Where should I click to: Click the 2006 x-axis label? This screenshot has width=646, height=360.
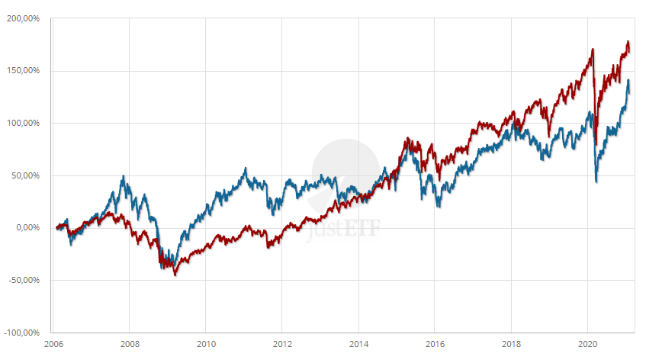click(x=53, y=344)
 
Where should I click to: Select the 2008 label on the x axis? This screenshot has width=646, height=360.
click(x=130, y=344)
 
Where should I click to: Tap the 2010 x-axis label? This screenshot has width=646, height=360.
click(x=206, y=344)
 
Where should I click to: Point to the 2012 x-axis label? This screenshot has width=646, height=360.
click(x=282, y=344)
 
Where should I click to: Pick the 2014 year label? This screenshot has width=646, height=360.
click(x=358, y=344)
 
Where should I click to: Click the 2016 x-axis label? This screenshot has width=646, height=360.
click(x=435, y=344)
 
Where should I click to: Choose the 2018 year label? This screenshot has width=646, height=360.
click(x=511, y=344)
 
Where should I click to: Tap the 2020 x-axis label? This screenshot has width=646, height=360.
click(x=588, y=344)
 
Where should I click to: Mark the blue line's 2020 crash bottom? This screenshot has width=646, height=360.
click(x=596, y=182)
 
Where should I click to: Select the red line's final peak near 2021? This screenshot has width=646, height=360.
click(x=628, y=41)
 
